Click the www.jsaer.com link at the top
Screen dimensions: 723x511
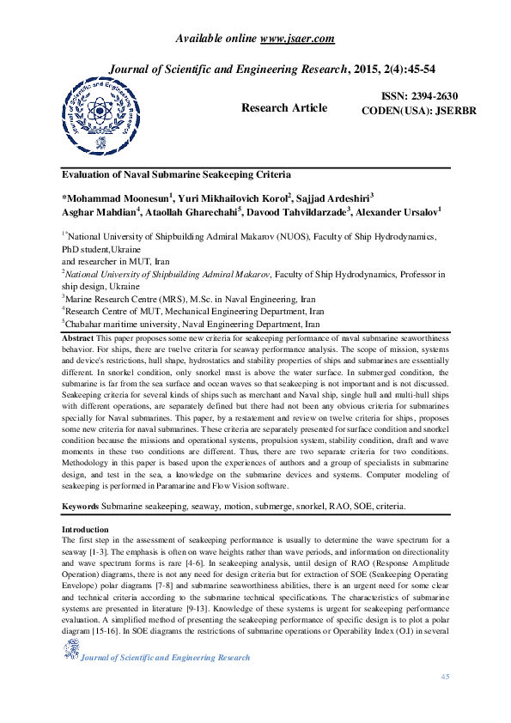296,38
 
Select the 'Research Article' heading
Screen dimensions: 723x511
284,108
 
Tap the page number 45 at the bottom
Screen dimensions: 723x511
445,677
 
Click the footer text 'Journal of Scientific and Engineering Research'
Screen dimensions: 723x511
165,658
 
